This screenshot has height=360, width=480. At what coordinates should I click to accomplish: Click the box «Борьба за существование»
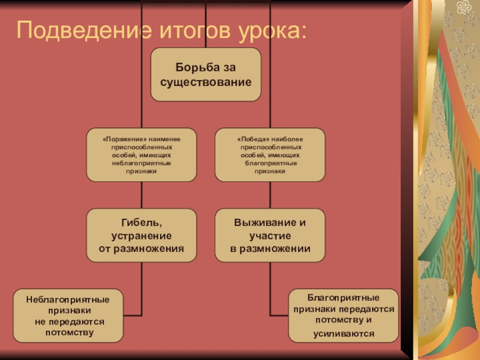(x=205, y=74)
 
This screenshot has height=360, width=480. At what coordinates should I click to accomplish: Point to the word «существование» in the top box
(x=205, y=80)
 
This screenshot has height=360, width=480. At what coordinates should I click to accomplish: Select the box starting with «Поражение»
(x=142, y=155)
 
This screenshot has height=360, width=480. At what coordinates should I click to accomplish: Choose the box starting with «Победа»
(x=270, y=155)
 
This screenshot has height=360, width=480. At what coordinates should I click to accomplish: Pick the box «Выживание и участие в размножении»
(x=270, y=235)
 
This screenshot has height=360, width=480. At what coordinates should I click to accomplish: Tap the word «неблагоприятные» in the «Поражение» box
(x=142, y=163)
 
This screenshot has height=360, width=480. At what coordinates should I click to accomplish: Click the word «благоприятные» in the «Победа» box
(x=270, y=163)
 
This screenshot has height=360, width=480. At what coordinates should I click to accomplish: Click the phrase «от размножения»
(x=142, y=248)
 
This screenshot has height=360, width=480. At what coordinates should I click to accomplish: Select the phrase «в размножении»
(x=270, y=248)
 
